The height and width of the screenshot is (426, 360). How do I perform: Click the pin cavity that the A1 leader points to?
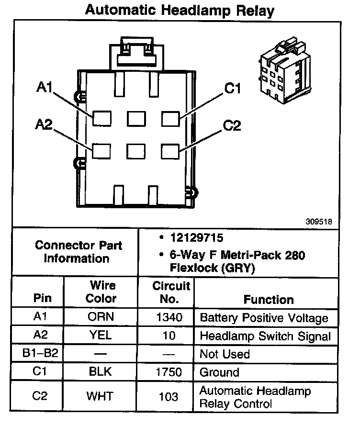coord(101,118)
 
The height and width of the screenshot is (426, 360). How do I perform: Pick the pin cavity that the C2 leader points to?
coord(170,151)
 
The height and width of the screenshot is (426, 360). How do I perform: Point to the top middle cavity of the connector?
coord(136,118)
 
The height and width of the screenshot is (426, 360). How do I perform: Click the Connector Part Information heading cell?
coord(79,252)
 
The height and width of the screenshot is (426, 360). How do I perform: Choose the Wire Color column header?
coord(101,292)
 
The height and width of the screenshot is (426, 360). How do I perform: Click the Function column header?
coord(269,300)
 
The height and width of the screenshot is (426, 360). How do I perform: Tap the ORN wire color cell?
coord(101,317)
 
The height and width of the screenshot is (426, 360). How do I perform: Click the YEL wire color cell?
coord(101,336)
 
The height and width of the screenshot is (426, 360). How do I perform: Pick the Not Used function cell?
coord(225,354)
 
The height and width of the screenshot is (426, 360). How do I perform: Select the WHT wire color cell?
coord(101,396)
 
